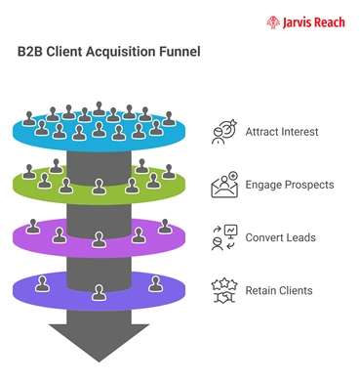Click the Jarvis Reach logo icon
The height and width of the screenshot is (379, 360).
point(272,21)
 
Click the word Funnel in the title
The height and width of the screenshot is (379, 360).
point(179,51)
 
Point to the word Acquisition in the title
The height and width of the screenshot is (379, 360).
point(120,51)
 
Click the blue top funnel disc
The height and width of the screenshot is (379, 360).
point(39,132)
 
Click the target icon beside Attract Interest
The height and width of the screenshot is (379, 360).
point(224,132)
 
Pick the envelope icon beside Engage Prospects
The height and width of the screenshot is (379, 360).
point(224,185)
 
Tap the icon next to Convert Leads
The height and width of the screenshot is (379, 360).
point(224,237)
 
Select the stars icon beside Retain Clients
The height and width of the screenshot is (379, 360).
point(224,290)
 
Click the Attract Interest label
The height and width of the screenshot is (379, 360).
point(281,132)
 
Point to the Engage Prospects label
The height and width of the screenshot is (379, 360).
point(289,185)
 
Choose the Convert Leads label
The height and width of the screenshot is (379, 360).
point(280,237)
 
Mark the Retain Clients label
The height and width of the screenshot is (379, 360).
point(279,290)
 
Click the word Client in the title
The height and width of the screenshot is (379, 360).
point(67,51)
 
